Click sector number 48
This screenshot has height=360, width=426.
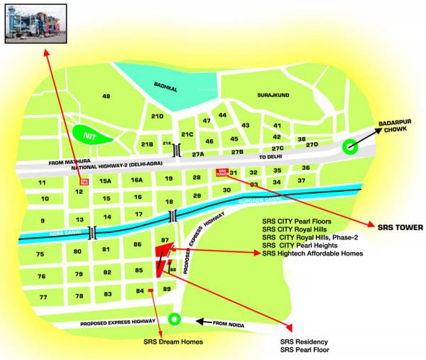tap(106, 96)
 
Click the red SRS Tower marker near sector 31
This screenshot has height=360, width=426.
tap(222, 173)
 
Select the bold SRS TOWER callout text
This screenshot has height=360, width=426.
tap(399, 228)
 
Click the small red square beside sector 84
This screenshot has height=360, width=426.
tap(151, 291)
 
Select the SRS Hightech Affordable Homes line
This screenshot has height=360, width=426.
tap(312, 253)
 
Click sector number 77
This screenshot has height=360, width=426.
tap(43, 297)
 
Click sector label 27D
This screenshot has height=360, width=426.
tap(312, 145)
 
